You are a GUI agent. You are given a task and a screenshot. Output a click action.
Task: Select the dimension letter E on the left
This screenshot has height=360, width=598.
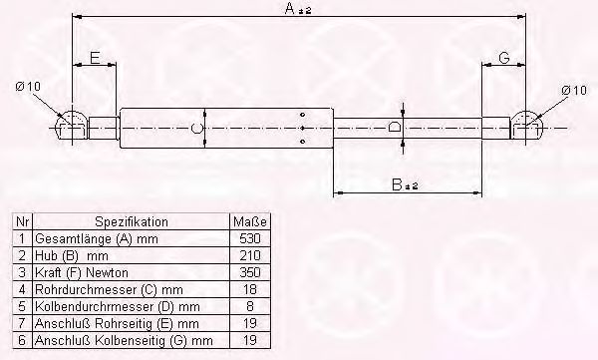pyautogui.click(x=95, y=60)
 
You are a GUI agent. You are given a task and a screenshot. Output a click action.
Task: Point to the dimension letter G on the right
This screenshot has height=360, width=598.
pyautogui.click(x=505, y=60)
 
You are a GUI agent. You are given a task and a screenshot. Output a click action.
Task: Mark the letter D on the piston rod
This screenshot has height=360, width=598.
pyautogui.click(x=395, y=129)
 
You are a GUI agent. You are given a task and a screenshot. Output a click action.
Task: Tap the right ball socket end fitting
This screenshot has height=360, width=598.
pyautogui.click(x=527, y=127)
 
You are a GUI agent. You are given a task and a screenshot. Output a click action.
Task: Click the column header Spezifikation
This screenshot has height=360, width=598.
pyautogui.click(x=131, y=222)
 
